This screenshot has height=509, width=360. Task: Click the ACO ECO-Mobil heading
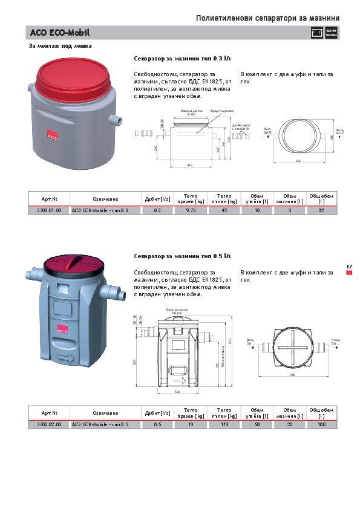click(x=56, y=33)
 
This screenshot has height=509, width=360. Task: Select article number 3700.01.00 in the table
click(x=49, y=210)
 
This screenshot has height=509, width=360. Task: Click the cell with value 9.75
click(x=191, y=210)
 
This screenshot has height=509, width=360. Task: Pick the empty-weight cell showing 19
click(x=191, y=425)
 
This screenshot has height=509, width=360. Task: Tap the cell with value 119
click(x=224, y=425)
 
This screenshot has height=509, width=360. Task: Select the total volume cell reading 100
click(x=321, y=425)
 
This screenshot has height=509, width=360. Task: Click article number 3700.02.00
click(x=49, y=425)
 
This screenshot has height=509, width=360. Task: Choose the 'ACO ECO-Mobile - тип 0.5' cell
click(x=100, y=425)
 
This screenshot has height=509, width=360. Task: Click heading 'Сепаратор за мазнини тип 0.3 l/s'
click(x=182, y=59)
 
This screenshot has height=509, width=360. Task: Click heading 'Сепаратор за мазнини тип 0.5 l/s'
click(x=182, y=256)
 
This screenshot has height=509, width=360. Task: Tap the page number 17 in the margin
click(x=349, y=267)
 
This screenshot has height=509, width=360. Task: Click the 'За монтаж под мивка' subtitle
click(x=61, y=46)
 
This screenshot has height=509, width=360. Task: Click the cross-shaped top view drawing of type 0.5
click(x=292, y=346)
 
